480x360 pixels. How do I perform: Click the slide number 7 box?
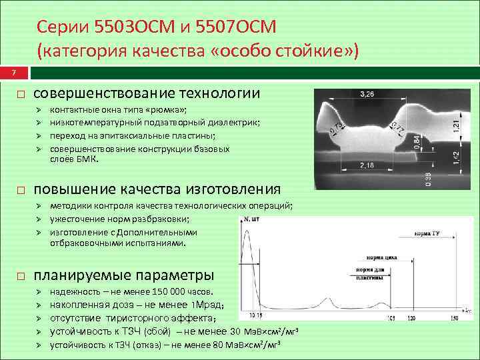5,72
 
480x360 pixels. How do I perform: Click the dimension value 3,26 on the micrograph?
367,94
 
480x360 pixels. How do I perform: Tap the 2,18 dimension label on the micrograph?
367,164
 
